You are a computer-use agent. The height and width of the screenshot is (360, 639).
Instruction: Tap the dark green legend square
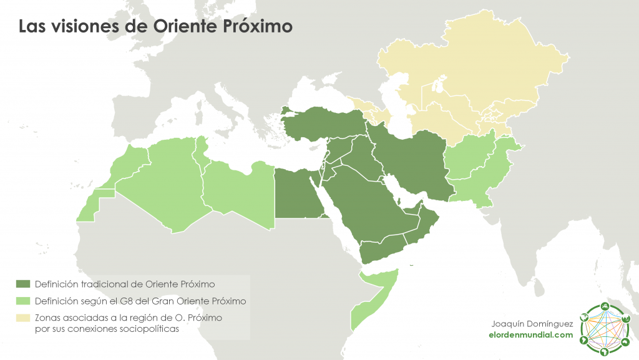click(x=24, y=283)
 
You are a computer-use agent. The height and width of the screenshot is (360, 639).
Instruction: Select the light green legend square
click(x=24, y=301)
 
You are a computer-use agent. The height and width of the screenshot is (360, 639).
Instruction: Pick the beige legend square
click(x=24, y=318)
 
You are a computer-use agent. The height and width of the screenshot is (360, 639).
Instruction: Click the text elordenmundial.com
click(x=530, y=335)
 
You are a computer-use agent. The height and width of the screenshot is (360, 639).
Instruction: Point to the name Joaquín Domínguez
click(x=532, y=323)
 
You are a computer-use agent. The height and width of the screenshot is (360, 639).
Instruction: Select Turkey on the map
click(x=324, y=122)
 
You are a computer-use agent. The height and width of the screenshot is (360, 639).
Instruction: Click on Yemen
click(x=381, y=250)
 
